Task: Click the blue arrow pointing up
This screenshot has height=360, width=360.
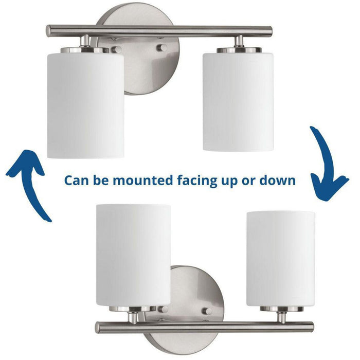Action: (x=31, y=180)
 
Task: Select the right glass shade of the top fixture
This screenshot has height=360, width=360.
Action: (x=237, y=100)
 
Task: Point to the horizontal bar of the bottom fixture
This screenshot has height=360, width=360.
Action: (x=206, y=326)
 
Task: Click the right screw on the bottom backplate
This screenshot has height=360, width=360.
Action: (x=208, y=312)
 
